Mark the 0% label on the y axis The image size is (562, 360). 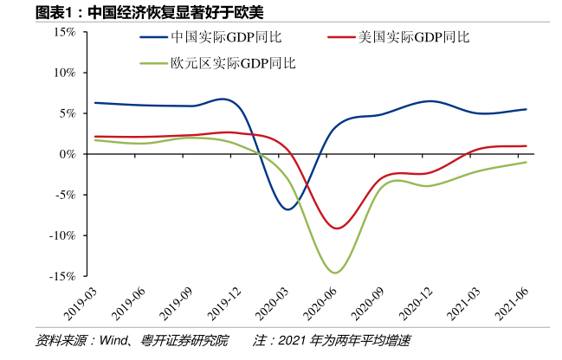tap(68, 154)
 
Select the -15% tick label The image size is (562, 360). tap(63, 276)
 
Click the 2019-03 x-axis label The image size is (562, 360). tap(81, 304)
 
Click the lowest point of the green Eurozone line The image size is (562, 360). tap(335, 273)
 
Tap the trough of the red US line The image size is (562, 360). tap(338, 228)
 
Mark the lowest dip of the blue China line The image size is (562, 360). tap(288, 209)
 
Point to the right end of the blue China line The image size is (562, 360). tap(526, 109)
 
